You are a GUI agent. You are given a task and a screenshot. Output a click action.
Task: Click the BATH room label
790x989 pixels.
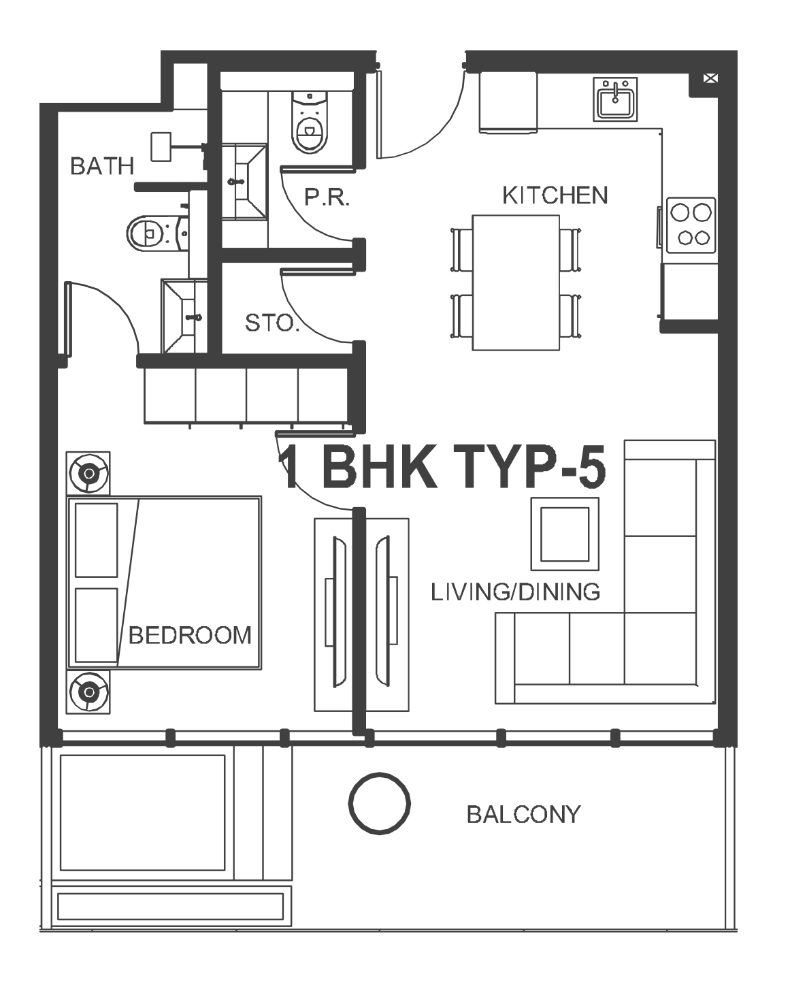(102, 166)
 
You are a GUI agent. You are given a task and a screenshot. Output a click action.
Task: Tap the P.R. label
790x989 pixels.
(327, 197)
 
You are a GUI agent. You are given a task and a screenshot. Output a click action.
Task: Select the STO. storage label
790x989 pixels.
(272, 323)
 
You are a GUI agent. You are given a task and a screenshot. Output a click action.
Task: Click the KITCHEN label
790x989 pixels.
(555, 195)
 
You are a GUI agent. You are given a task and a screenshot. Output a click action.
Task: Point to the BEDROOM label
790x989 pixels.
(190, 636)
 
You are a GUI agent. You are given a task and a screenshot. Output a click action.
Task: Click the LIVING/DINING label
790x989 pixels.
(515, 592)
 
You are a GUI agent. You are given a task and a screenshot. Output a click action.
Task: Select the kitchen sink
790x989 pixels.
(615, 99)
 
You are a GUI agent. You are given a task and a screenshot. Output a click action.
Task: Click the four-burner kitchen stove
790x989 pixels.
(691, 225)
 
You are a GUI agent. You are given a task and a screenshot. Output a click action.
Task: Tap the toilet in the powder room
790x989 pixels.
(310, 123)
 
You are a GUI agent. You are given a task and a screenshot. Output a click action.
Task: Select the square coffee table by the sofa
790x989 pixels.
(565, 534)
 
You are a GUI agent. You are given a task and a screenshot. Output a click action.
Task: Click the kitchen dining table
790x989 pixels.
(516, 282)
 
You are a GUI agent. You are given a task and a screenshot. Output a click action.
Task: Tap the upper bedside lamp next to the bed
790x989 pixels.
(88, 473)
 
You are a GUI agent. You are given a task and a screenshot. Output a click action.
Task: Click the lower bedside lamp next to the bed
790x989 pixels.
(88, 692)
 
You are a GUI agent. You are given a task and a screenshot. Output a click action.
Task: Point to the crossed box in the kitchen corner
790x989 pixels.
(710, 78)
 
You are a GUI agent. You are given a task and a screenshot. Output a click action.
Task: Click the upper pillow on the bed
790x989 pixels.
(97, 540)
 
